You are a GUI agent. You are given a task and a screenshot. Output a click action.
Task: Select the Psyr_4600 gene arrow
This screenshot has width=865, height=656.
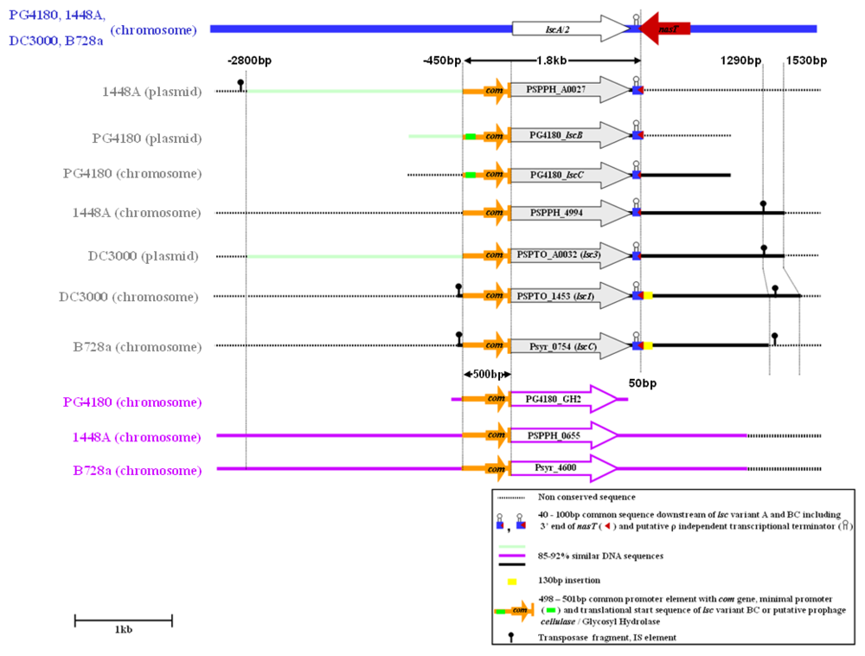tap(562, 468)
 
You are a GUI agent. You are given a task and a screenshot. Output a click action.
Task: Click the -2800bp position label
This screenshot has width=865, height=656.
tap(250, 61)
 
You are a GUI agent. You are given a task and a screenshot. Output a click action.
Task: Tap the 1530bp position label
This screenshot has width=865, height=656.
tap(806, 61)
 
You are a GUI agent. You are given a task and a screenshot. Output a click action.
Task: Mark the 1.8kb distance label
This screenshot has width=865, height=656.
tap(552, 61)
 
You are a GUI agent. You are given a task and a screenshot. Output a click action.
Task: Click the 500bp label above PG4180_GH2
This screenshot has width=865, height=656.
tap(489, 374)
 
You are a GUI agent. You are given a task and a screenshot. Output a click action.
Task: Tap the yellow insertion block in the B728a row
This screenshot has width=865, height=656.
tap(648, 346)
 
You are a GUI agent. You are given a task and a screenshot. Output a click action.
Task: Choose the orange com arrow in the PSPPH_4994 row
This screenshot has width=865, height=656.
tap(484, 212)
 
